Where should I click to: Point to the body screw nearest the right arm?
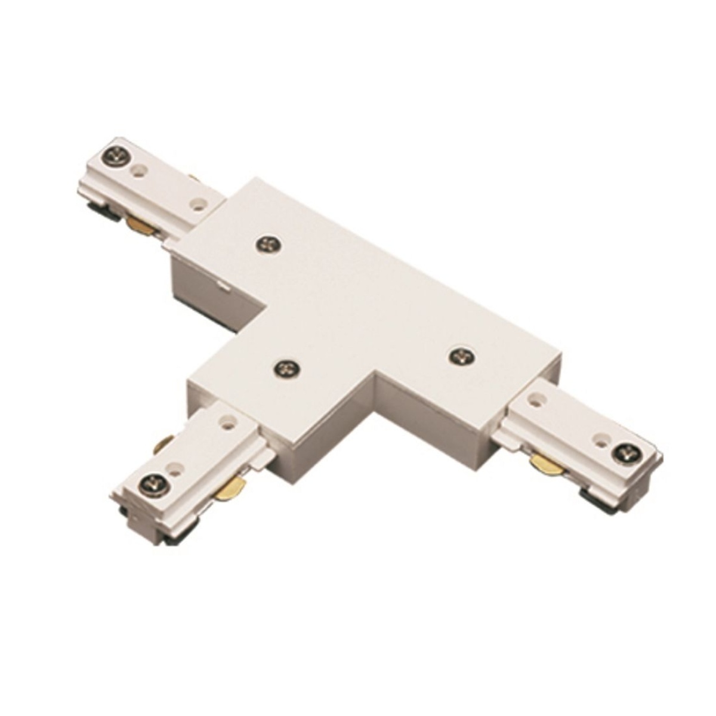coord(460,356)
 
